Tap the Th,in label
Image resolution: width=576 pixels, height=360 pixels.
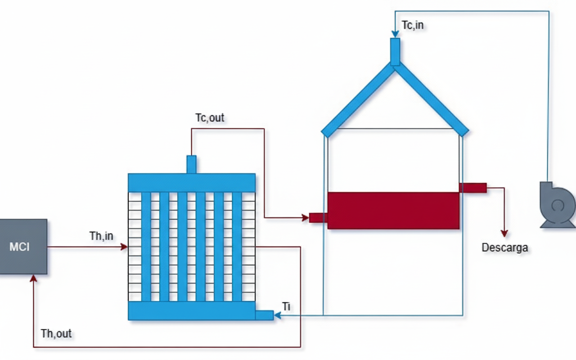click(x=101, y=236)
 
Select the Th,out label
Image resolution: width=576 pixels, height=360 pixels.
click(x=56, y=333)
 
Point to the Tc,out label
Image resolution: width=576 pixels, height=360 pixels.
click(x=210, y=118)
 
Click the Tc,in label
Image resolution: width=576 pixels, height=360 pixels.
click(x=413, y=25)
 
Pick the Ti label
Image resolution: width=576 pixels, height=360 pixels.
click(x=286, y=306)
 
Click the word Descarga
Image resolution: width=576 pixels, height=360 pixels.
click(x=504, y=247)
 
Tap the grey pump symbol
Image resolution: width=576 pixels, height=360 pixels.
click(x=557, y=205)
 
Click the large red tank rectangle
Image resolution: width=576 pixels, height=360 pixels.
click(x=393, y=211)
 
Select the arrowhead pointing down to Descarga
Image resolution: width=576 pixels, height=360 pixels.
click(x=504, y=233)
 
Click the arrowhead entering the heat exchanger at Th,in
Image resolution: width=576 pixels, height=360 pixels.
click(x=125, y=247)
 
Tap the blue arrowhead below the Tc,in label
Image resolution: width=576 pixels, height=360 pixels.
click(x=395, y=34)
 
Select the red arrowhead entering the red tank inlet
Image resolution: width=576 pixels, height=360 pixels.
click(x=306, y=218)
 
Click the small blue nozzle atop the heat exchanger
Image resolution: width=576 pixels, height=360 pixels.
click(x=191, y=164)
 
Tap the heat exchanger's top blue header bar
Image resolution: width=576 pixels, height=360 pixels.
click(x=192, y=183)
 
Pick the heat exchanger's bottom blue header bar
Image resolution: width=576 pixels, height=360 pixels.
click(x=192, y=310)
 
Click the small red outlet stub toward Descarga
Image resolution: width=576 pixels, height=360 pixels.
click(x=472, y=188)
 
